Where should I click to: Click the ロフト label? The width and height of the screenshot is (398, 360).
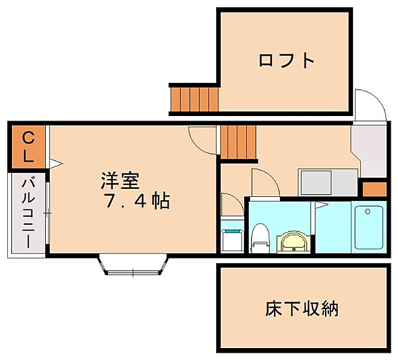(286, 60)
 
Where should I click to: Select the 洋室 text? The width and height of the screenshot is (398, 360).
(120, 180)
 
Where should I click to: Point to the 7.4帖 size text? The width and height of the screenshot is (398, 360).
(137, 201)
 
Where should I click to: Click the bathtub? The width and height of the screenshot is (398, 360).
(368, 227)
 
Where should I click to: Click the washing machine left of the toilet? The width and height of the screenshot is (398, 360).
(232, 239)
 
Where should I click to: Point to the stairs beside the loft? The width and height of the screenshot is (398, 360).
(194, 99)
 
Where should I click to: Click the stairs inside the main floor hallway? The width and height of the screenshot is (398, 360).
(237, 142)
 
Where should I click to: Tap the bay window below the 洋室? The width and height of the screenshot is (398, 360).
(132, 265)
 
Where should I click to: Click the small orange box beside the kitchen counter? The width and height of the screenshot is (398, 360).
(373, 188)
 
